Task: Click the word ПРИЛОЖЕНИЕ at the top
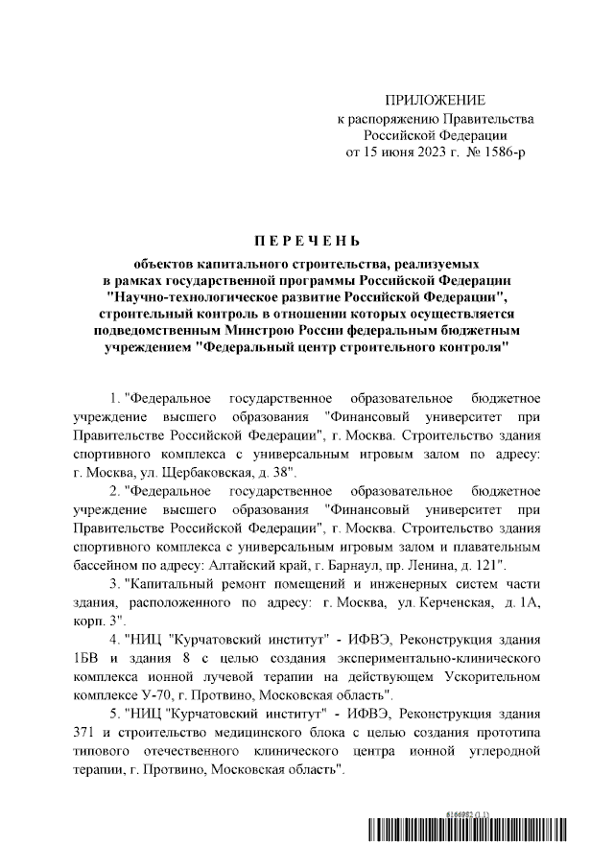click(435, 101)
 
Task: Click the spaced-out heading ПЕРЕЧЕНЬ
click(306, 240)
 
